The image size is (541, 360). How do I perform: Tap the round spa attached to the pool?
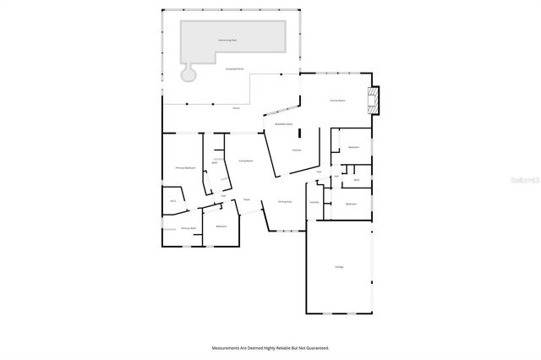point(189,74)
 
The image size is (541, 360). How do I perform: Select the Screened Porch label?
point(235,69)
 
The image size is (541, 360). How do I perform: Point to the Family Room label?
point(337,101)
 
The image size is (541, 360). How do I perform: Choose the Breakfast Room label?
point(283,124)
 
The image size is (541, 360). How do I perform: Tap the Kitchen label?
point(297,150)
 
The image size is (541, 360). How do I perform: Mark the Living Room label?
point(246,160)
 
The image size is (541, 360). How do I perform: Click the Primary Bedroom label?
point(185,168)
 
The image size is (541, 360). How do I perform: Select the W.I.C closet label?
point(172,200)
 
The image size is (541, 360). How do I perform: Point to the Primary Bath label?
point(188,228)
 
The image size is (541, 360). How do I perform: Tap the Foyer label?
point(247,199)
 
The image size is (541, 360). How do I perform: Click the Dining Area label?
point(285,201)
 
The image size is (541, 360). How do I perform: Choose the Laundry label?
point(314,202)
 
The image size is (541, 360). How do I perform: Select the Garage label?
point(339,267)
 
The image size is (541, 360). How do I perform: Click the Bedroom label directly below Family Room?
point(353,147)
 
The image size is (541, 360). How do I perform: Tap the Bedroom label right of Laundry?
point(350,204)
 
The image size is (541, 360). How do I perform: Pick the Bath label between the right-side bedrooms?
point(357,180)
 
